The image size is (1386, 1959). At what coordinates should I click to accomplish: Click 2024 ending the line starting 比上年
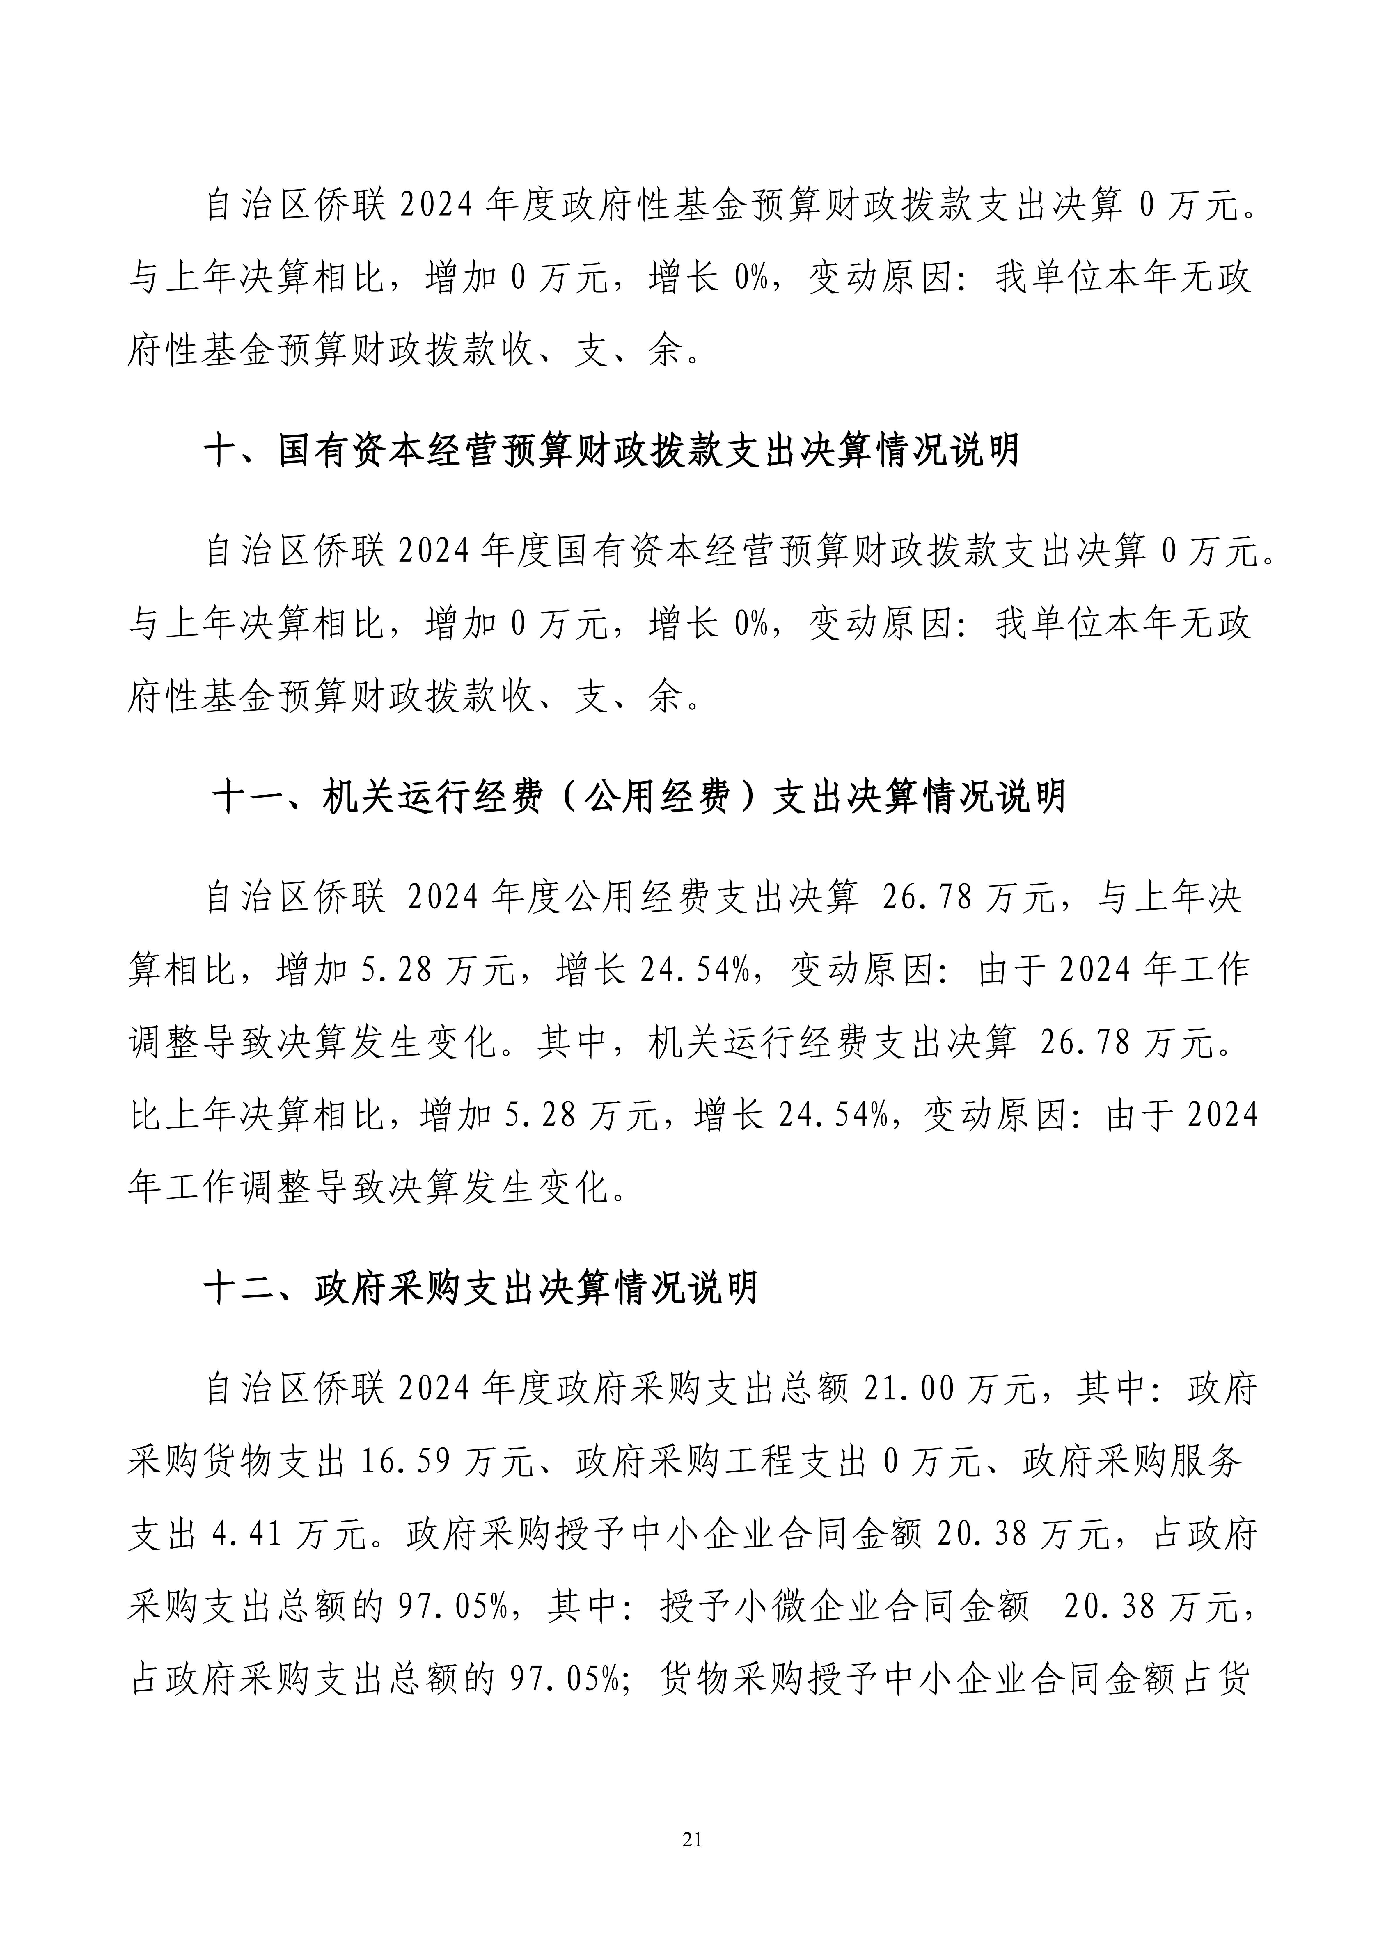(1222, 1115)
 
